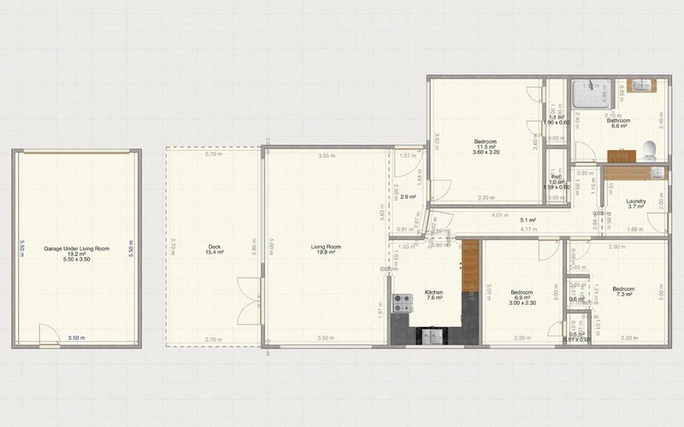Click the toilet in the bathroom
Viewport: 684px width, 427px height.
[x=651, y=150]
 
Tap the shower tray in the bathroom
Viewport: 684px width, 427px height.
[x=593, y=96]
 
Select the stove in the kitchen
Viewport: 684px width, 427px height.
[x=402, y=302]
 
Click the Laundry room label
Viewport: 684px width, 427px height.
[x=635, y=202]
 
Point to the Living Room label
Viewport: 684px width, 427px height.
[x=325, y=248]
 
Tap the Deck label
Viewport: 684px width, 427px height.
[x=214, y=248]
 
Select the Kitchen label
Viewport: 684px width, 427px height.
[x=434, y=293]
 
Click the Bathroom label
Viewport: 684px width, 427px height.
[x=619, y=121]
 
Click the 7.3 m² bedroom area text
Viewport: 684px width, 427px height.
[x=623, y=295]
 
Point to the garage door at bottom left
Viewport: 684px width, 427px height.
[x=50, y=339]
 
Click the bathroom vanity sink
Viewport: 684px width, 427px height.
[x=640, y=86]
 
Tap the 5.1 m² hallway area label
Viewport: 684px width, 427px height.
[x=528, y=219]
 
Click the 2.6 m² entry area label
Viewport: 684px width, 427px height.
[x=408, y=197]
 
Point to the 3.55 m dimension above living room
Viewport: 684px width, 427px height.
[x=326, y=156]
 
